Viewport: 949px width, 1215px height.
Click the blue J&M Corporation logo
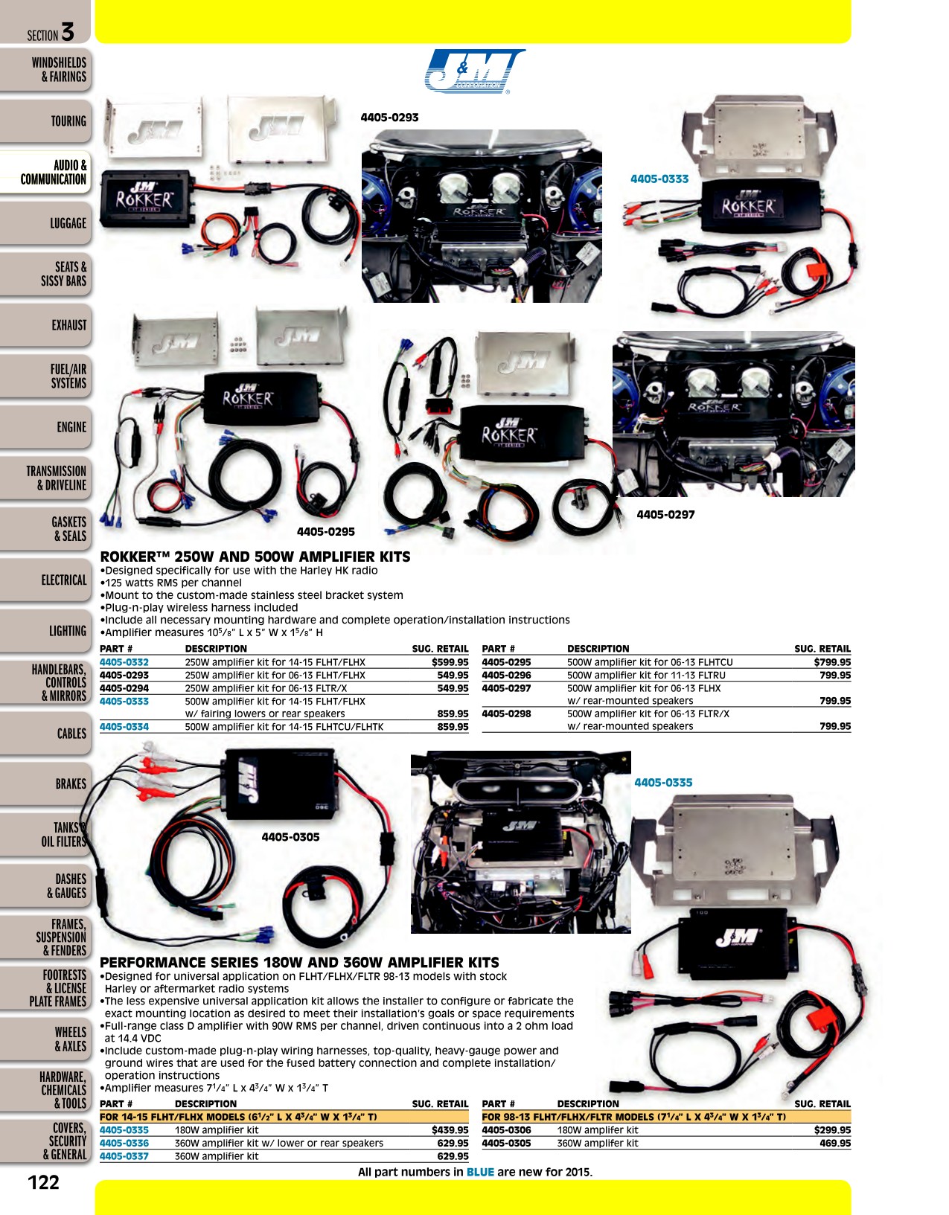pos(475,71)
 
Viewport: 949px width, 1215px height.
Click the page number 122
pos(44,1182)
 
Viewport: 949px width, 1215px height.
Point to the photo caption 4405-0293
pos(389,118)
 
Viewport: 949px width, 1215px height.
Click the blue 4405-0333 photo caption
pos(659,179)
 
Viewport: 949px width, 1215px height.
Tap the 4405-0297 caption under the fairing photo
pos(665,514)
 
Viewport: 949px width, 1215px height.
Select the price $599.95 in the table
pos(450,662)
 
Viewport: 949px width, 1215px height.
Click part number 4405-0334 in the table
pos(124,727)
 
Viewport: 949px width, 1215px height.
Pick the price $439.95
pos(450,1130)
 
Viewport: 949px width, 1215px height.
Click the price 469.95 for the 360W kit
pos(835,1143)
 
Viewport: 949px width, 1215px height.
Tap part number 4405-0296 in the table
pos(507,675)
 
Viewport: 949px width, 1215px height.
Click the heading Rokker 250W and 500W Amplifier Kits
pos(255,557)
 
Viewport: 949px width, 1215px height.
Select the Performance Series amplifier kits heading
pos(299,962)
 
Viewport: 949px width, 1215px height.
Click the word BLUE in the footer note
pos(480,1172)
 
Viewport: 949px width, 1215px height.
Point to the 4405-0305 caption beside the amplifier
pos(290,837)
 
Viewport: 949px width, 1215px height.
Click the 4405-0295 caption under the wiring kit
pos(325,532)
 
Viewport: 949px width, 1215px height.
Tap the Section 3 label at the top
pos(51,33)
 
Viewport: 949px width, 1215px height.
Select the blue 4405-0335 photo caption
pos(663,783)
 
